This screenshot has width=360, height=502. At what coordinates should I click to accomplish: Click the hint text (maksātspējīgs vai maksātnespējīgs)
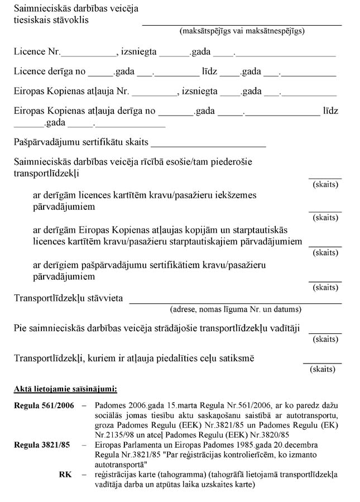coord(242,31)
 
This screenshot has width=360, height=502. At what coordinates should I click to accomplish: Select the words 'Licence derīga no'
coord(50,72)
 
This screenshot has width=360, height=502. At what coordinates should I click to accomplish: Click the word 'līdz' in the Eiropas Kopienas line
coord(330,111)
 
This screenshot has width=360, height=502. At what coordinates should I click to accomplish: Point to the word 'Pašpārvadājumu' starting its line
coord(46,142)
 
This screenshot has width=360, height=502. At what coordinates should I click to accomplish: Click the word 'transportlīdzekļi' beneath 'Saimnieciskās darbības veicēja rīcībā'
coord(46,174)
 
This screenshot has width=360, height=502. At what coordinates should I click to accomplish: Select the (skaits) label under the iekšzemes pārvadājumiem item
coord(325,218)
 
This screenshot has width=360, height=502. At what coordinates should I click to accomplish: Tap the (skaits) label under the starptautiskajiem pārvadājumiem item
coord(325,252)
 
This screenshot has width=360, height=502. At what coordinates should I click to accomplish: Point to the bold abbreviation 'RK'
coord(65,474)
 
